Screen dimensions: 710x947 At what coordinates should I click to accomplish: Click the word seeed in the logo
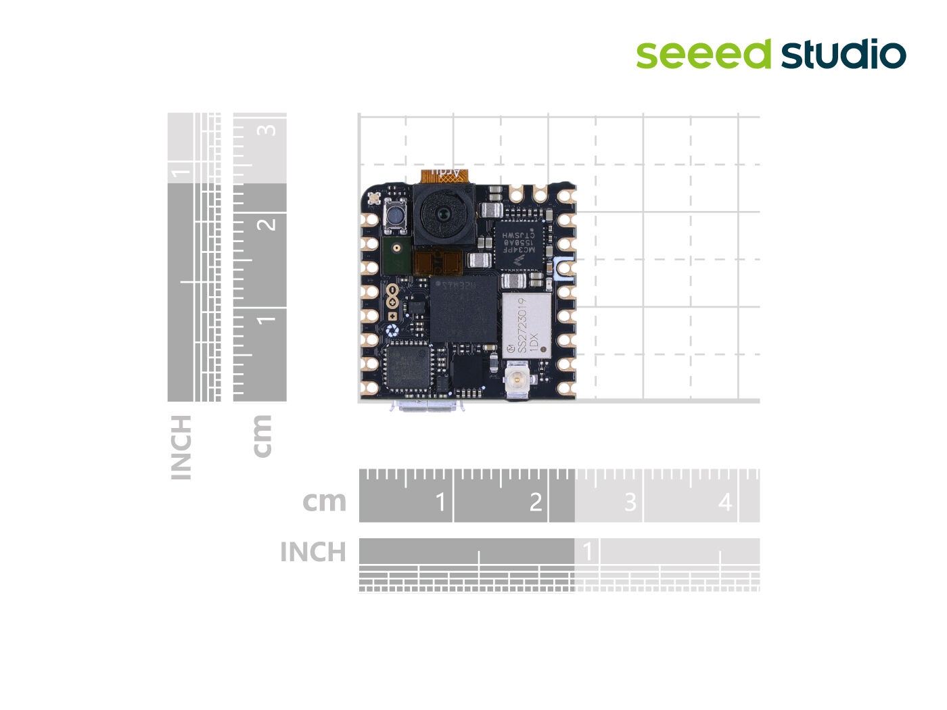pyautogui.click(x=703, y=54)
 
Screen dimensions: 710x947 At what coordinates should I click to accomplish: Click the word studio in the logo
pyautogui.click(x=844, y=55)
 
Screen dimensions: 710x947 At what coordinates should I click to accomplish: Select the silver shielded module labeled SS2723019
pyautogui.click(x=526, y=325)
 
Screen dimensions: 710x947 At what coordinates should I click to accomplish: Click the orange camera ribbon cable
pyautogui.click(x=444, y=176)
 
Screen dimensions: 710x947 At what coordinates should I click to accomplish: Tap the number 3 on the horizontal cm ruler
pyautogui.click(x=630, y=502)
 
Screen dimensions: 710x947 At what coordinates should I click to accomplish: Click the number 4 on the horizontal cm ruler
pyautogui.click(x=725, y=502)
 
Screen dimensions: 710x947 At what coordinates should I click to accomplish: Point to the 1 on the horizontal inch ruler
pyautogui.click(x=588, y=551)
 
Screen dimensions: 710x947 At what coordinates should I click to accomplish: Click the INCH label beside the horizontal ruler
pyautogui.click(x=313, y=552)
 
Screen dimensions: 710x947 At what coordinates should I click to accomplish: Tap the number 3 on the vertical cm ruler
pyautogui.click(x=269, y=129)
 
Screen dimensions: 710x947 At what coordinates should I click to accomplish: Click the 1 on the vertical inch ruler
pyautogui.click(x=180, y=172)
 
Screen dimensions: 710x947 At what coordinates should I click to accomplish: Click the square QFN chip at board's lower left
pyautogui.click(x=409, y=366)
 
